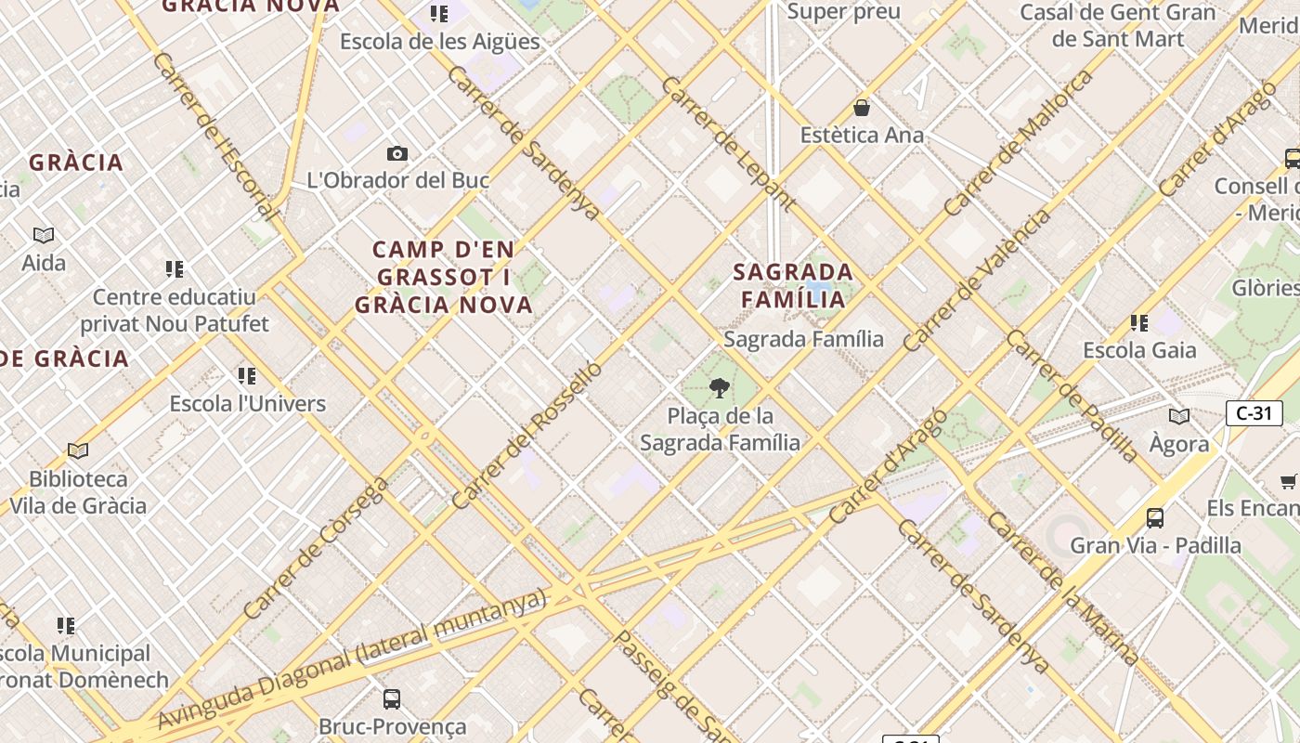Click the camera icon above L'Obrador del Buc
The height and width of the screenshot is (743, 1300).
click(397, 153)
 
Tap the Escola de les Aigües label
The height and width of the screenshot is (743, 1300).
click(439, 42)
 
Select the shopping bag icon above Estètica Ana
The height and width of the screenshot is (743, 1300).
click(862, 108)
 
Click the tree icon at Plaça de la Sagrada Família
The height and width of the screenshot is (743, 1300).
click(719, 387)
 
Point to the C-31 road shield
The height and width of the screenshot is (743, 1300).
click(1254, 413)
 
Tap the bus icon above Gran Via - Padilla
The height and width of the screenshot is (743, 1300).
click(1155, 517)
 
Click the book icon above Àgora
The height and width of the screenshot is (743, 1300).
click(1179, 416)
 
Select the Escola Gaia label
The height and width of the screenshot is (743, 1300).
click(1139, 351)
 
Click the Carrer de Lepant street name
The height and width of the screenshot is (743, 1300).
click(728, 143)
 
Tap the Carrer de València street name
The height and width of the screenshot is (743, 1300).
click(977, 280)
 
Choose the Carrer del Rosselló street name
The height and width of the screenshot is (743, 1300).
click(526, 436)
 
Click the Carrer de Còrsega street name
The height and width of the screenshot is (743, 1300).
click(316, 548)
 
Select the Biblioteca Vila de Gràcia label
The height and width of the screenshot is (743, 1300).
click(88, 492)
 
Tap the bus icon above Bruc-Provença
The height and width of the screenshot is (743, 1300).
click(392, 698)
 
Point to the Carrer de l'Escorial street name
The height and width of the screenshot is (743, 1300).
click(214, 136)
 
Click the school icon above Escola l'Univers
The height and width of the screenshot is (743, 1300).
click(246, 376)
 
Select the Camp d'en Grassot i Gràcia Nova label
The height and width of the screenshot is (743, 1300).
click(444, 277)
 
